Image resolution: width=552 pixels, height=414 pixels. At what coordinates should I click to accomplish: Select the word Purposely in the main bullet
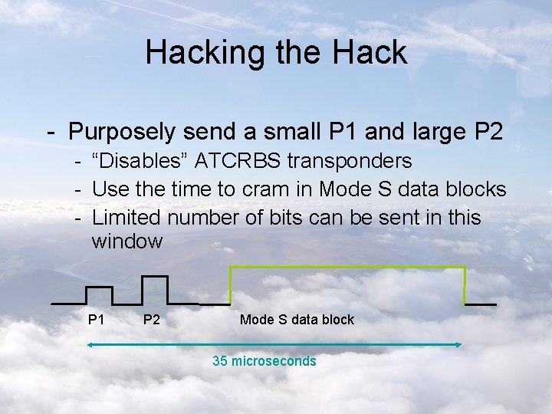(x=123, y=132)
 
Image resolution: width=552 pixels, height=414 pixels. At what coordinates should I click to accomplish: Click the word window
(x=127, y=242)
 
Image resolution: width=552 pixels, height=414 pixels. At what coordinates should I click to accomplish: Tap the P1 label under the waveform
(x=96, y=319)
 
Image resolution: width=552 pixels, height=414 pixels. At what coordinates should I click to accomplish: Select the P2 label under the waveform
(x=152, y=319)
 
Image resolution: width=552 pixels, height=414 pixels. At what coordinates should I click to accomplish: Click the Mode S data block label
(x=297, y=320)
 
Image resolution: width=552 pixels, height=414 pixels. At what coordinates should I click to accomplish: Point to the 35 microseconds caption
(x=264, y=361)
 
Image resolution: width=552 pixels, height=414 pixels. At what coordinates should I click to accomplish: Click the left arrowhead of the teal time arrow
(x=90, y=345)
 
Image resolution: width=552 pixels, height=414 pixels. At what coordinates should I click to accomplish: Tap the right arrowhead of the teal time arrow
(x=458, y=345)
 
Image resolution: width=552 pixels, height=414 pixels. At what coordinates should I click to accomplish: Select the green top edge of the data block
(x=347, y=267)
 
